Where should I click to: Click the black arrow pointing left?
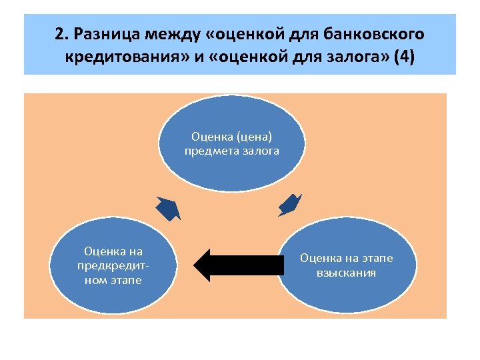pyautogui.click(x=237, y=265)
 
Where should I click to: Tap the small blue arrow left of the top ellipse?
pyautogui.click(x=168, y=209)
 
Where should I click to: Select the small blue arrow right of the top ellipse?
pyautogui.click(x=289, y=205)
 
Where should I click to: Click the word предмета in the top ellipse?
pyautogui.click(x=209, y=151)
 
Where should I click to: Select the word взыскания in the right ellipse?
pyautogui.click(x=347, y=273)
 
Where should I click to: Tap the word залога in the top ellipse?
pyautogui.click(x=259, y=151)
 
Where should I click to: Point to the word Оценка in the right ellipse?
pyautogui.click(x=319, y=258)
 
